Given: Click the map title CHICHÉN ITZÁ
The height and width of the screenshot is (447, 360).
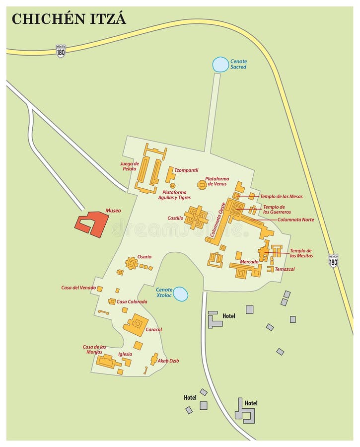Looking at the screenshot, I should point(69,19).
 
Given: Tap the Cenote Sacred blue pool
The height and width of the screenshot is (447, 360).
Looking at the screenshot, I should point(220,64).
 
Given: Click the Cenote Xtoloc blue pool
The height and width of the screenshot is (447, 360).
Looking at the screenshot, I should point(180,294).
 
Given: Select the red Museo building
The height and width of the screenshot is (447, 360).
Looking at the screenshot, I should point(92,223).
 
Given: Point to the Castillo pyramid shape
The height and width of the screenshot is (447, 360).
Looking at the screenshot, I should point(196,218).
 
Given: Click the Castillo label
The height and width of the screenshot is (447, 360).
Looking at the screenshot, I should point(175,218).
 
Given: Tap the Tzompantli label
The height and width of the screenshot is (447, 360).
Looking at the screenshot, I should point(187,170).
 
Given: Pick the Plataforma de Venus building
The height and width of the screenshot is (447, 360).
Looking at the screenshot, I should point(202,185).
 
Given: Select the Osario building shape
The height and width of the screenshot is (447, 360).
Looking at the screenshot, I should point(132,263).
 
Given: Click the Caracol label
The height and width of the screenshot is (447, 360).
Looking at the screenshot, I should point(154,329).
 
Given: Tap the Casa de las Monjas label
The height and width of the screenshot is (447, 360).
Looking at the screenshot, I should point(94,349).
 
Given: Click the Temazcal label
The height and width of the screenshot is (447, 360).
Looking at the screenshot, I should point(285,269).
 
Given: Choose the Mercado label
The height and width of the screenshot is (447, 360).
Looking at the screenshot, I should point(249,261).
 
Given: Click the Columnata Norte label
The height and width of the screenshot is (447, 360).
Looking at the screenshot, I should point(295,220).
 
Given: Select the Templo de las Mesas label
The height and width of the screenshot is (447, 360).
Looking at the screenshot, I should point(281,196).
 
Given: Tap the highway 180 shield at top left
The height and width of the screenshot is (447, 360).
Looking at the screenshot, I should point(61,51).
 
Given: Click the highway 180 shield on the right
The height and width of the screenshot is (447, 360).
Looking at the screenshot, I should point(333,261).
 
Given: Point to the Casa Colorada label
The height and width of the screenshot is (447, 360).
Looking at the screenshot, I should point(132,301).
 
